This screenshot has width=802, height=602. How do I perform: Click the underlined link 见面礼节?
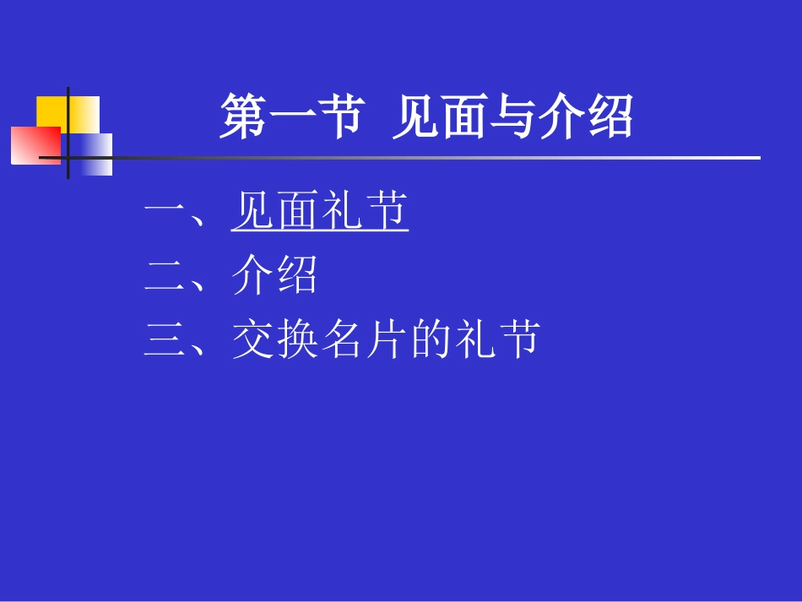(x=320, y=212)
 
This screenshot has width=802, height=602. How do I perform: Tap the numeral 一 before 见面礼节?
(x=164, y=212)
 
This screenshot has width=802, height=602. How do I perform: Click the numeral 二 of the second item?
(x=164, y=276)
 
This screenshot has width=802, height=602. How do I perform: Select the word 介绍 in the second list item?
(x=275, y=276)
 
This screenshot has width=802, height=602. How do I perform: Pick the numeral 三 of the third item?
(x=164, y=340)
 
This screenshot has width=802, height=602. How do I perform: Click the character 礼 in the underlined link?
(x=342, y=212)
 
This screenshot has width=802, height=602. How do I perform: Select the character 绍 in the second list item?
(x=297, y=276)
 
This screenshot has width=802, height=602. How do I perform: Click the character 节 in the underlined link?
(x=387, y=212)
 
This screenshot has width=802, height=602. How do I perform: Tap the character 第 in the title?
(x=244, y=117)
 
